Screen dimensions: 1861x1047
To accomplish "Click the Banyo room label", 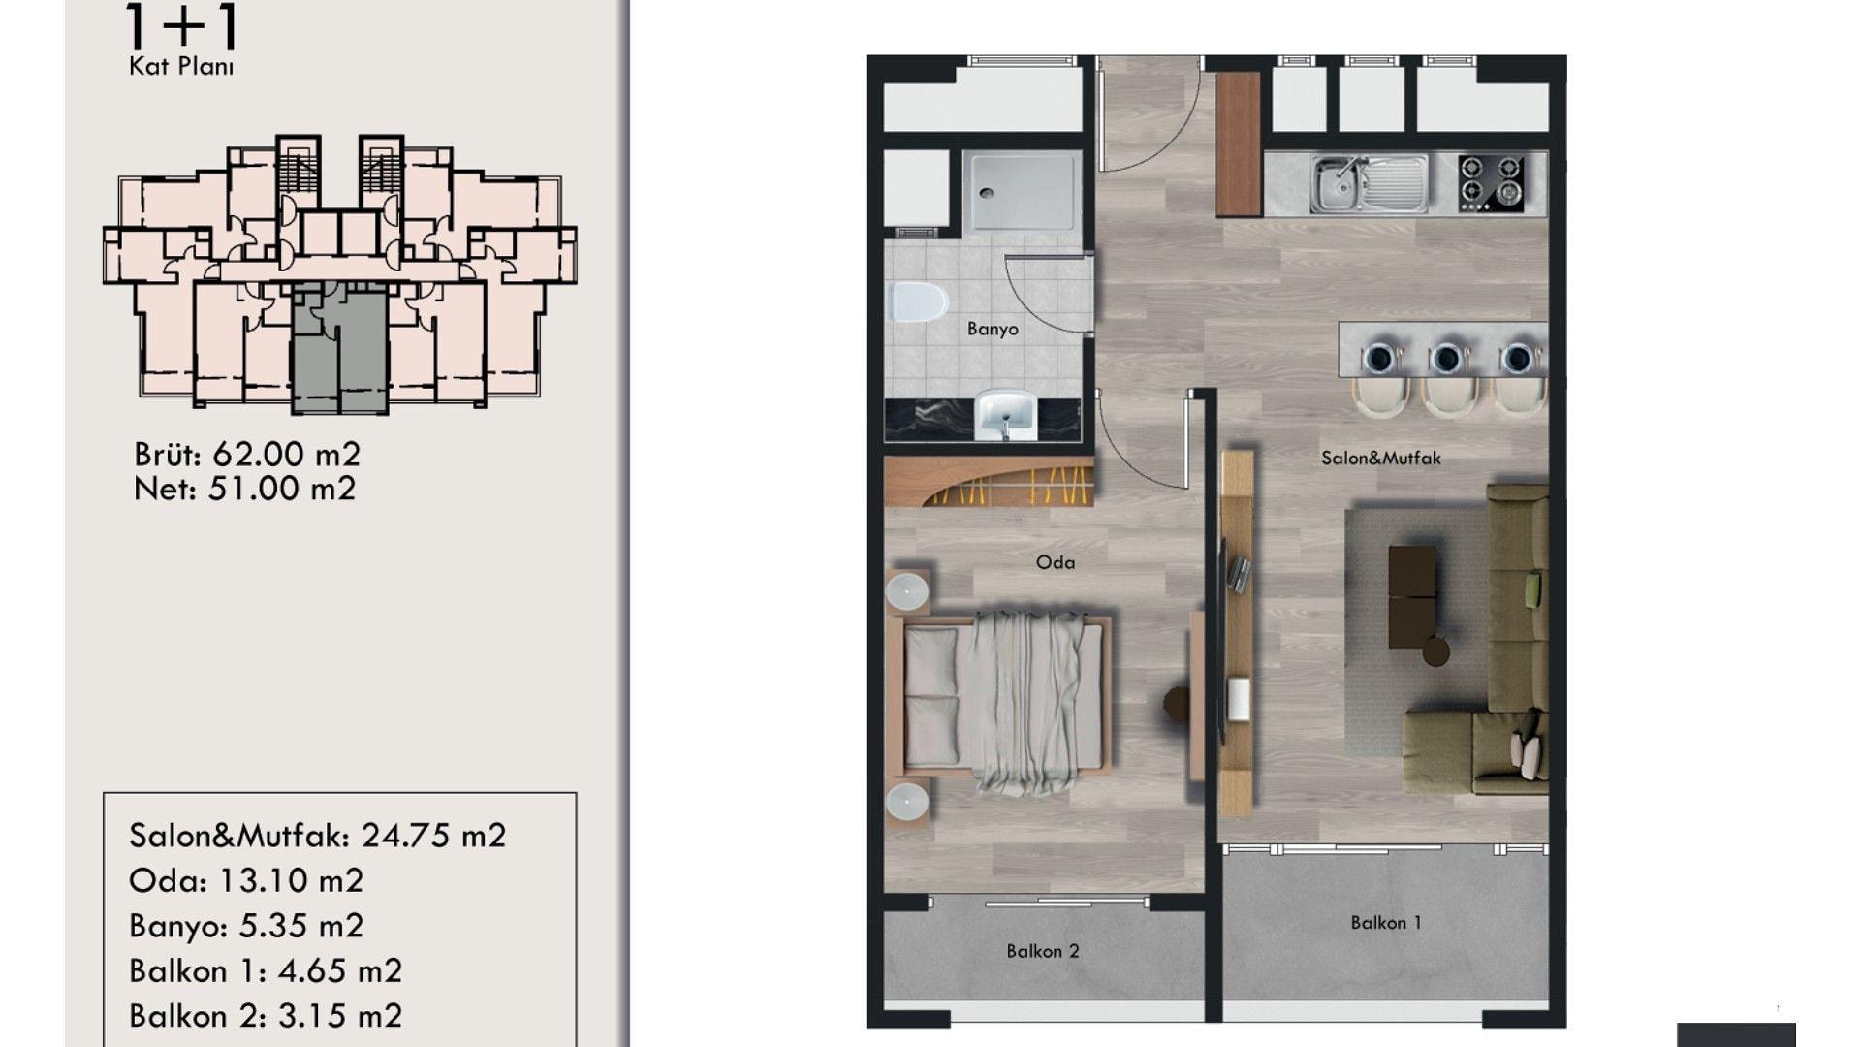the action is [x=993, y=329].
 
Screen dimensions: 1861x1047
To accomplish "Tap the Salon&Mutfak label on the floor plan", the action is [x=1381, y=458].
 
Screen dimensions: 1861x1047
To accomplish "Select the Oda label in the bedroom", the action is [x=1056, y=562].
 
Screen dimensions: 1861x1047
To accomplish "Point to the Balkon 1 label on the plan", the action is [x=1386, y=923].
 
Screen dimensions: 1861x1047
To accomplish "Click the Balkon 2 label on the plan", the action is [x=1043, y=951].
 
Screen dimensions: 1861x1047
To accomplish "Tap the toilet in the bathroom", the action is [x=917, y=302].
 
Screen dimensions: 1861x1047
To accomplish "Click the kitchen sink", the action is [x=1369, y=183].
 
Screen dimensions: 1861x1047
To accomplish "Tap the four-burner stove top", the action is [x=1491, y=183].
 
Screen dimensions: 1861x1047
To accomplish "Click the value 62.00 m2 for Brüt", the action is [x=286, y=454].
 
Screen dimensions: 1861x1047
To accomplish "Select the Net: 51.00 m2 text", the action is [x=245, y=489].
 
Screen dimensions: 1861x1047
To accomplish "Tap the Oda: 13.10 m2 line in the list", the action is [x=246, y=880].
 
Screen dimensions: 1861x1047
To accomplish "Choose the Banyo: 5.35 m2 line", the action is [x=246, y=926].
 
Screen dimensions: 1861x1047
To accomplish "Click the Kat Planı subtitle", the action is [x=181, y=67].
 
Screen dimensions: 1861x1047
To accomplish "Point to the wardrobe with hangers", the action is [x=990, y=482].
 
